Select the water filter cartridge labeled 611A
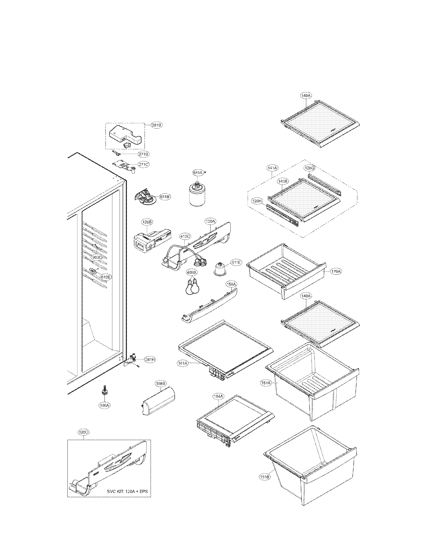(198, 194)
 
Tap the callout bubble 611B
(165, 197)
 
